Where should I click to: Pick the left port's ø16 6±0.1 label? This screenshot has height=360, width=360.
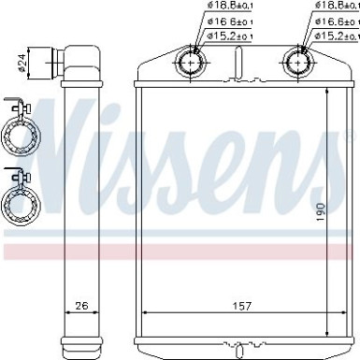click(228, 22)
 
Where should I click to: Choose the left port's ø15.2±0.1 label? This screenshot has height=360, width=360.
click(228, 36)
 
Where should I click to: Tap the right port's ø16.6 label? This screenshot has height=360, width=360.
click(337, 22)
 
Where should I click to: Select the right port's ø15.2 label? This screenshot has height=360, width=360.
click(337, 36)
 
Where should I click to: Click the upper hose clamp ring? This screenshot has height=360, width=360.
click(21, 137)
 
